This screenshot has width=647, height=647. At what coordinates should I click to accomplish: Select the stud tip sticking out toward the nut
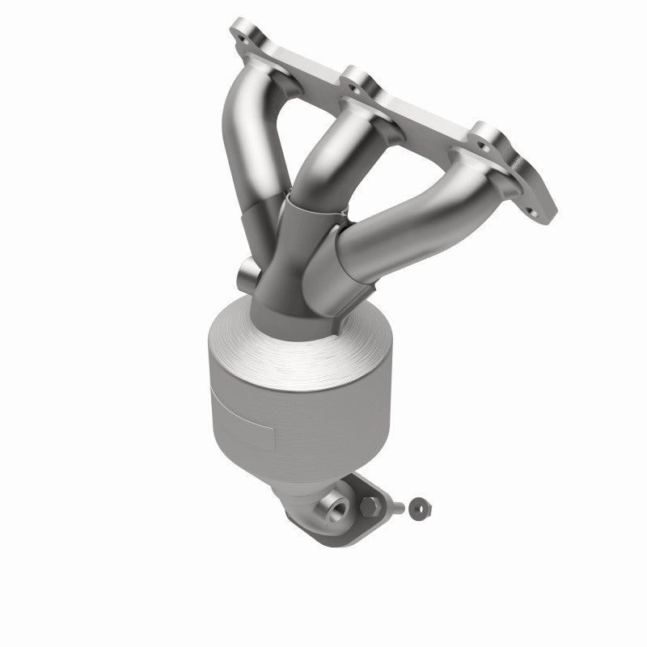(x=399, y=507)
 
